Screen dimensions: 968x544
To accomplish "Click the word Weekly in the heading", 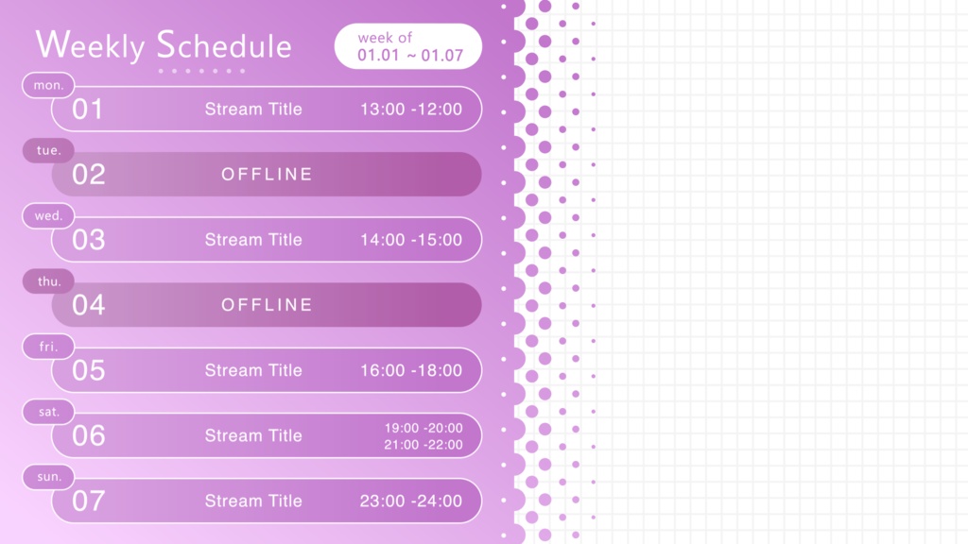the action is pos(90,45).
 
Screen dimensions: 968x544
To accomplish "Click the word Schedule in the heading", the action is pos(223,44).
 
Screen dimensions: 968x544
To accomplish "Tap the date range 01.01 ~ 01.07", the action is pos(410,56).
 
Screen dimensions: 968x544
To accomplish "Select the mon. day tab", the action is pos(48,85).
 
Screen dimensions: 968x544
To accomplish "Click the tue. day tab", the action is pos(48,150).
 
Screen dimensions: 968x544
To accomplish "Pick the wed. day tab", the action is pos(48,216).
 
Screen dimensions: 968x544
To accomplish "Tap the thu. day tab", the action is pos(48,281).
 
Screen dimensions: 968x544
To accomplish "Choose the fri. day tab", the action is pos(48,347).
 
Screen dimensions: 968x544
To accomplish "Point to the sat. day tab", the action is pos(48,412).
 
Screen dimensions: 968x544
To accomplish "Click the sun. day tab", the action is pos(48,477).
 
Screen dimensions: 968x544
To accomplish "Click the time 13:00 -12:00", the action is pos(411,110).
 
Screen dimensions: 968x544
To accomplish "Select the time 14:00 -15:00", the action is pos(411,240).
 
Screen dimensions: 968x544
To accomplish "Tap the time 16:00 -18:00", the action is pos(411,370).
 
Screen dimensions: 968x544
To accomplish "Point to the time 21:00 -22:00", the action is pos(423,445).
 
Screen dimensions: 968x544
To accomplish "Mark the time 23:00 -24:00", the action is pos(411,501).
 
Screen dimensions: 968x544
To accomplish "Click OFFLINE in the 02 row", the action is pos(267,175).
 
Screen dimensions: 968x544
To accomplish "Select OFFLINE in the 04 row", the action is pos(267,305).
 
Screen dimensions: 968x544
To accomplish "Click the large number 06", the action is pos(88,436).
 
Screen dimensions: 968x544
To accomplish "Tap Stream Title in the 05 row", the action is pos(253,370).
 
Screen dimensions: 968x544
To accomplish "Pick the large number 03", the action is pos(88,240).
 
